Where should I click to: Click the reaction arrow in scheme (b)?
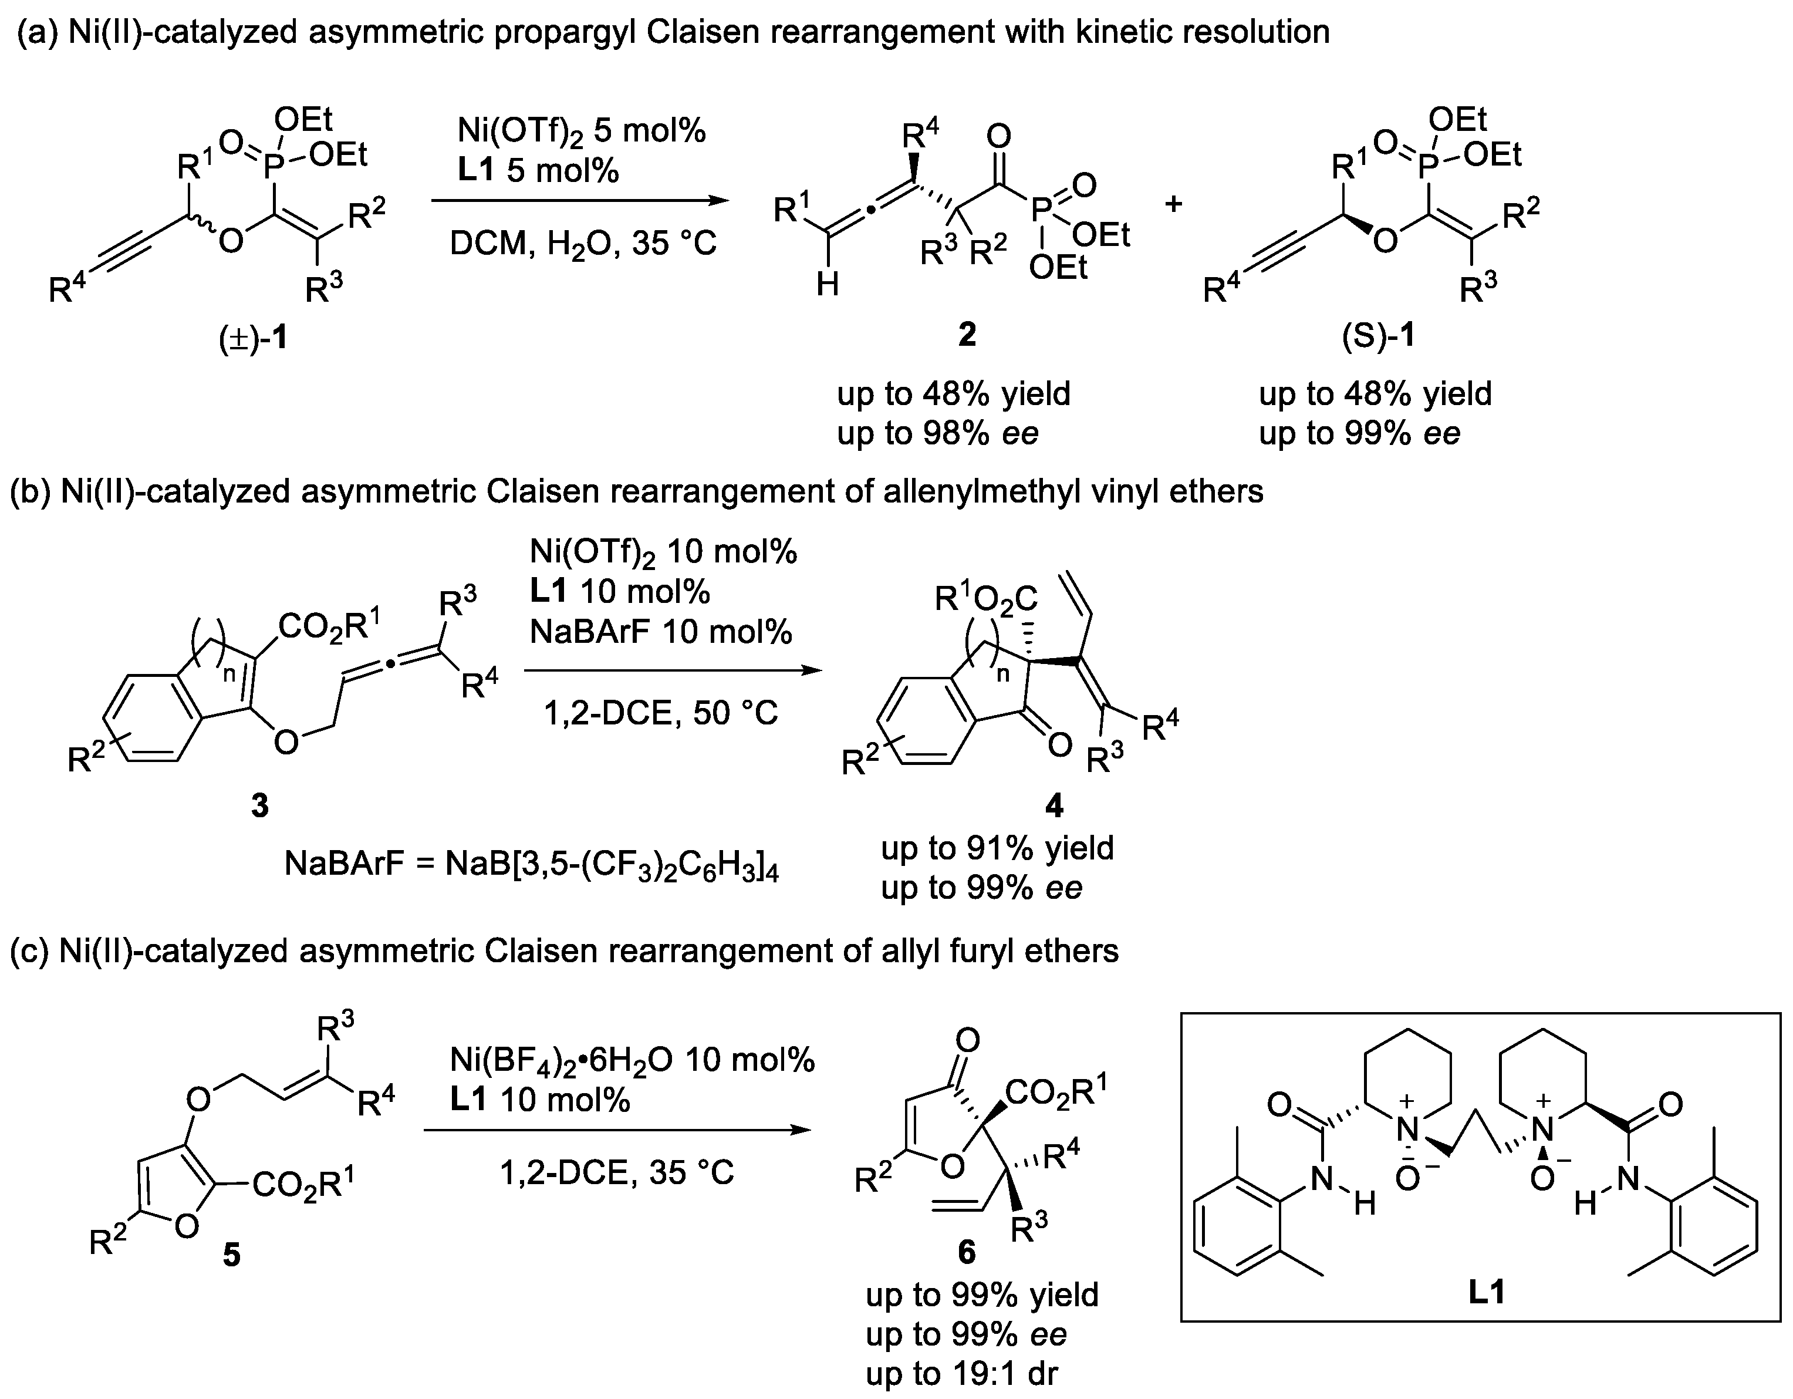pyautogui.click(x=673, y=671)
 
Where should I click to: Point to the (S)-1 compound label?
pyautogui.click(x=1379, y=336)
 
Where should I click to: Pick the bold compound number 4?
pyautogui.click(x=1054, y=806)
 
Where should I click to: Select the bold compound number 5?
pyautogui.click(x=232, y=1255)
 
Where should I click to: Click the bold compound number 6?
pyautogui.click(x=967, y=1251)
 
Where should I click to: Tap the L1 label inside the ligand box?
pyautogui.click(x=1487, y=1292)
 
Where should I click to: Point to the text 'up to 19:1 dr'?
pyautogui.click(x=961, y=1373)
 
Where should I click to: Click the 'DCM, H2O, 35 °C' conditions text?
pyautogui.click(x=583, y=244)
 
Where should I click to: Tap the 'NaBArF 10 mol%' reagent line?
pyautogui.click(x=661, y=631)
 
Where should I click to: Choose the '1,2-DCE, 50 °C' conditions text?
pyautogui.click(x=661, y=713)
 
